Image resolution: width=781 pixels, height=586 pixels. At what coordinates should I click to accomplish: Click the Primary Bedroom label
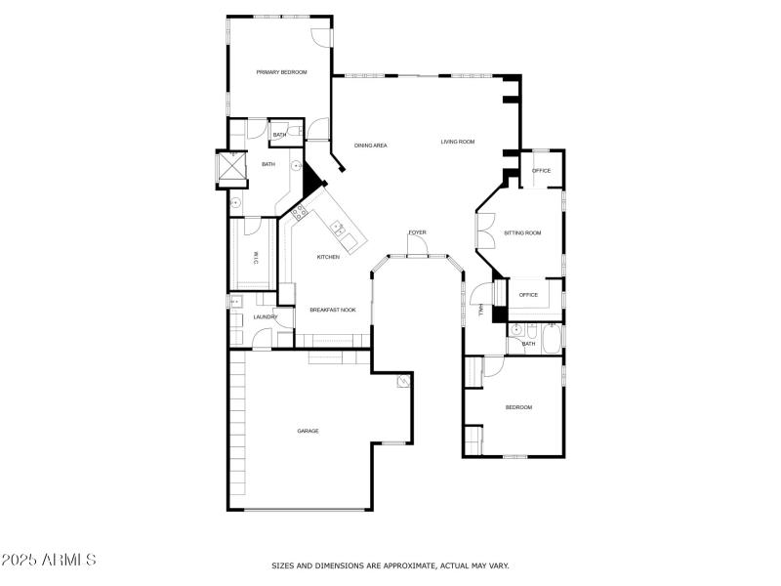tap(281, 72)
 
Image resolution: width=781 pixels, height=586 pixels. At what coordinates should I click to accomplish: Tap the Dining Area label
tap(371, 146)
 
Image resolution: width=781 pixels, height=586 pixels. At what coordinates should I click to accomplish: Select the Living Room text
tap(457, 143)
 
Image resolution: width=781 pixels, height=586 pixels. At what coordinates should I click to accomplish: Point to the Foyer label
tap(417, 232)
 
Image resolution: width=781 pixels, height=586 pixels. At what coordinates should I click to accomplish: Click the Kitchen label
tap(328, 257)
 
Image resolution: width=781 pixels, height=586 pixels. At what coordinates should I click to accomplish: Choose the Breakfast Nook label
tap(332, 310)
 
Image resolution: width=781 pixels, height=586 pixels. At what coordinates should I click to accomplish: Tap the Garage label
tap(308, 431)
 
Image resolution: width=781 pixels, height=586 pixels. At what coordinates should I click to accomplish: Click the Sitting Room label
tap(521, 233)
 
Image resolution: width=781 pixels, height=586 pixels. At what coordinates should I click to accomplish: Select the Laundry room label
tap(266, 316)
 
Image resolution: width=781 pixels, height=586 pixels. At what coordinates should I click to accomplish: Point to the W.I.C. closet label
tap(256, 259)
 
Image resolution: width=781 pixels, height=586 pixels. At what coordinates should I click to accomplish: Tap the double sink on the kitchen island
tap(339, 230)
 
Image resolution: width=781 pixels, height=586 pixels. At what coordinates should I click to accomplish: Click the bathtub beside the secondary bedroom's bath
tap(552, 337)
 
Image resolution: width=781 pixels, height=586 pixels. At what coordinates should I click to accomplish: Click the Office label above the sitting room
tap(541, 171)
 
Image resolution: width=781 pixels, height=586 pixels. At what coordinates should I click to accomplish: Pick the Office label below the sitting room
tap(528, 295)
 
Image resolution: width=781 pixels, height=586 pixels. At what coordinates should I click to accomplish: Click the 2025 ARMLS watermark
tap(49, 561)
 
